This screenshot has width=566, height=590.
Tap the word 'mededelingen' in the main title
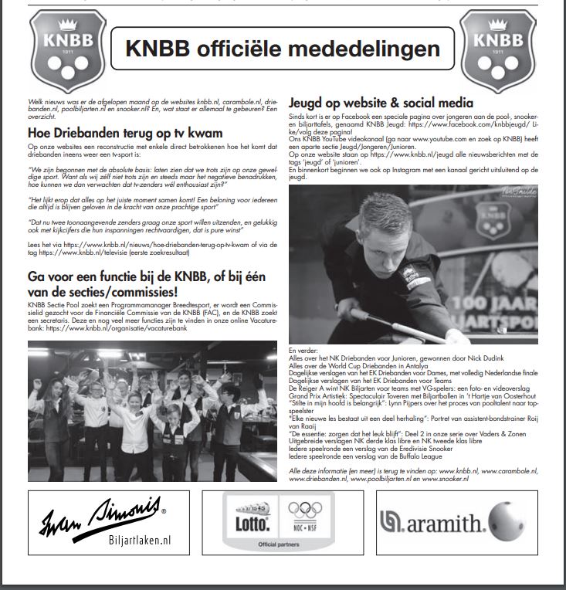[x=364, y=49]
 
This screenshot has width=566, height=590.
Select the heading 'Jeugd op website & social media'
[x=381, y=103]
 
